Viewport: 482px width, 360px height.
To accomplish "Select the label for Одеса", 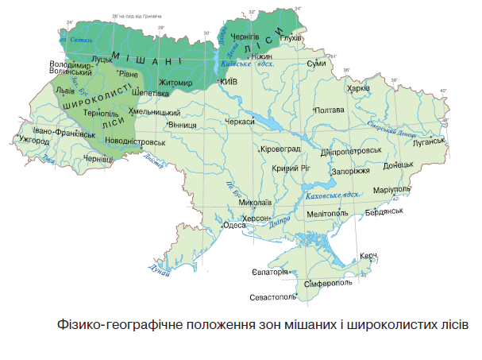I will click(x=233, y=225).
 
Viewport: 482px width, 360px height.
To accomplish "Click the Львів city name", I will click(x=65, y=91).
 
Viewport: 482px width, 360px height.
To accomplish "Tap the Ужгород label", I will click(x=34, y=141).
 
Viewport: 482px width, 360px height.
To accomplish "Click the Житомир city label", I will click(x=176, y=83).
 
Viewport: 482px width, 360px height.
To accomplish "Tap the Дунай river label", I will click(x=159, y=270).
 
